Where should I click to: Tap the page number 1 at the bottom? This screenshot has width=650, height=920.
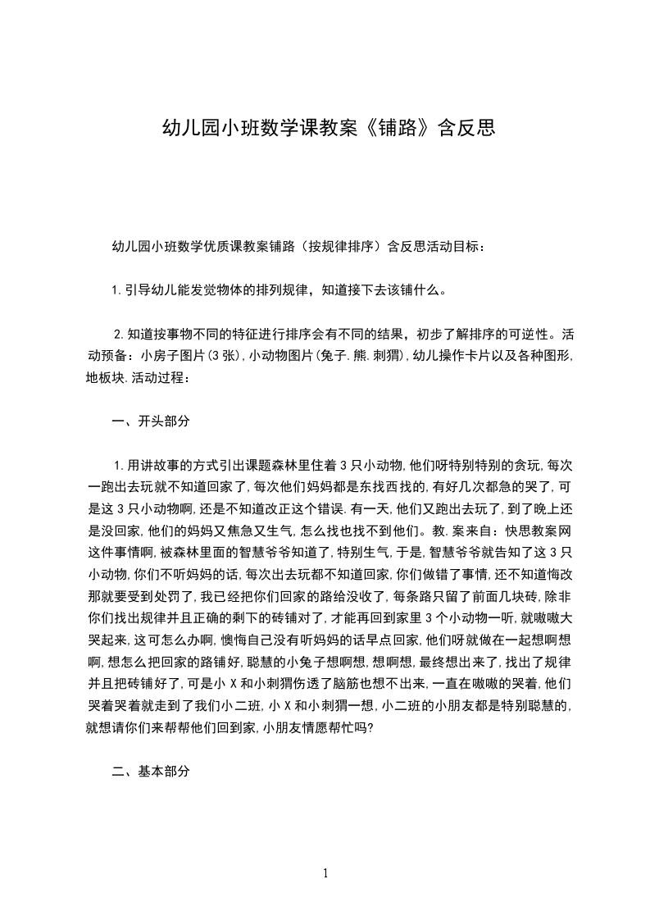(325, 872)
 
